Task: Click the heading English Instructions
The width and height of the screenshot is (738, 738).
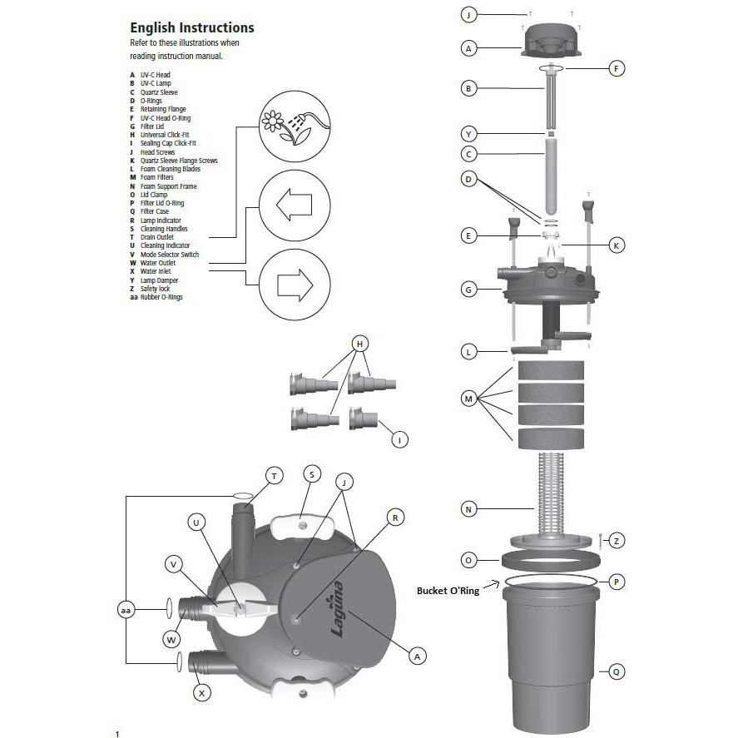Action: pyautogui.click(x=191, y=27)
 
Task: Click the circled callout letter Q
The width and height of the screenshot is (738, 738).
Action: pyautogui.click(x=617, y=671)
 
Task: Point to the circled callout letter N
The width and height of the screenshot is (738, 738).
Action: pyautogui.click(x=468, y=507)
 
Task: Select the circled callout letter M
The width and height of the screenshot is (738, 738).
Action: pyautogui.click(x=468, y=399)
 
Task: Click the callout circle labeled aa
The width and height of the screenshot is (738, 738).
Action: pyautogui.click(x=126, y=610)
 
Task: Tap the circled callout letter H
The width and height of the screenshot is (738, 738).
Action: pyautogui.click(x=360, y=344)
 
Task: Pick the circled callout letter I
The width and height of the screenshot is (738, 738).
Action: pyautogui.click(x=400, y=440)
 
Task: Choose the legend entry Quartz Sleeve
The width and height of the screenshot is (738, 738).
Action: pyautogui.click(x=158, y=92)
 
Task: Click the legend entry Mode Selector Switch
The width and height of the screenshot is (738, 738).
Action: pyautogui.click(x=169, y=254)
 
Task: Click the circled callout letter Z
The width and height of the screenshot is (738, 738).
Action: pyautogui.click(x=617, y=540)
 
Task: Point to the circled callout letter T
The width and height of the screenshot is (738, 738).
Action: pyautogui.click(x=275, y=475)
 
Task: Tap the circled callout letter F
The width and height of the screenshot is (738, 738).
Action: pyautogui.click(x=617, y=69)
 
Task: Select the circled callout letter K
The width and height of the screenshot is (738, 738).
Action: pyautogui.click(x=617, y=245)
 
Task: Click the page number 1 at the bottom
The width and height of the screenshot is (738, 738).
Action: pyautogui.click(x=117, y=733)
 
